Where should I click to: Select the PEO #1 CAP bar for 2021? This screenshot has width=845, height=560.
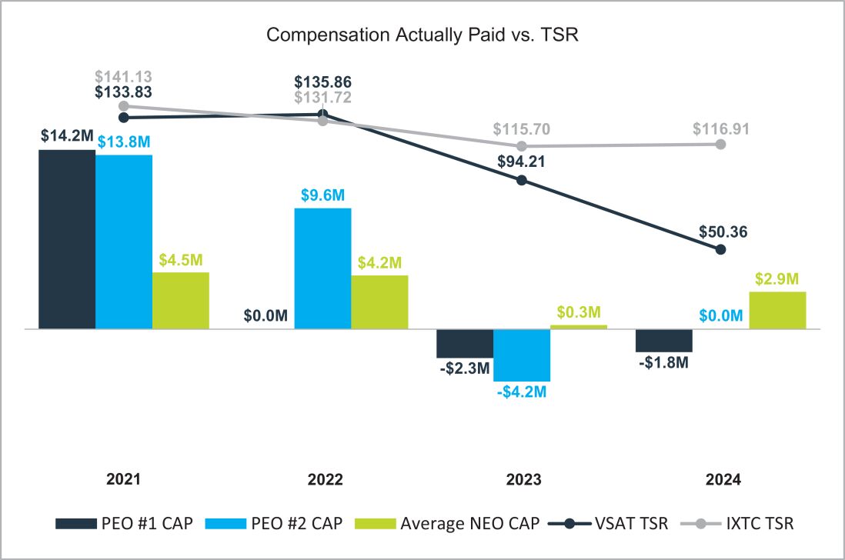click(67, 238)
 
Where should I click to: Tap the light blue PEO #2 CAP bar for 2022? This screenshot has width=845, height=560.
click(322, 268)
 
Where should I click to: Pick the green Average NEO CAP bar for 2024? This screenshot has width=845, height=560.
click(777, 310)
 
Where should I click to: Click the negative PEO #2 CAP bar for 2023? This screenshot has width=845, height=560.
click(522, 355)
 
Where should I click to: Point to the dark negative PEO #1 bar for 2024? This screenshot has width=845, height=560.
click(664, 340)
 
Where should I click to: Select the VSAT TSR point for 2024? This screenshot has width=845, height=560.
click(720, 249)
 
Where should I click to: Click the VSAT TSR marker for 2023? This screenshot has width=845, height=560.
click(522, 180)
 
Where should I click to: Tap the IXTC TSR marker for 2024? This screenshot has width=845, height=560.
click(720, 144)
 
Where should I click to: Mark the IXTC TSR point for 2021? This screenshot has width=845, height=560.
click(123, 106)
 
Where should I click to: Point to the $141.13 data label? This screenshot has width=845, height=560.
click(123, 76)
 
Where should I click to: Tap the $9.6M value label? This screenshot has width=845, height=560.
click(322, 195)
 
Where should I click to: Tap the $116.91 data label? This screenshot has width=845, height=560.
click(720, 127)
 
